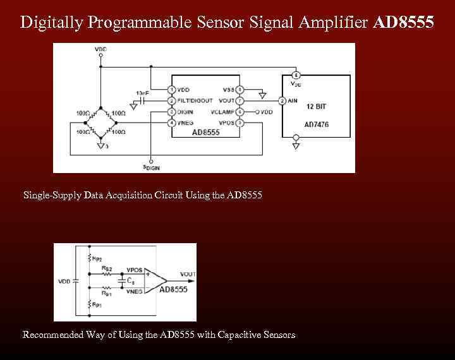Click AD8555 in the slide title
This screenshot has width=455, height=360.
pos(404,23)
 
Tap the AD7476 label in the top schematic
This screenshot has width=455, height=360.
pos(317,124)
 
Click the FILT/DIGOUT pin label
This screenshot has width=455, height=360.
pos(195,100)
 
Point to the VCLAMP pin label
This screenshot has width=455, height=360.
pos(222,112)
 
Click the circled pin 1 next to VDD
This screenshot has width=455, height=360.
pos(172,90)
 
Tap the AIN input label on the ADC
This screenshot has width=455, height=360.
pos(293,100)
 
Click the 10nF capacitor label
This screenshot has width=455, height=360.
pos(142,93)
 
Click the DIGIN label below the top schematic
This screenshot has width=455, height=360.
pos(152,167)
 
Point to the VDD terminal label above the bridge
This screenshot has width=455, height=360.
pos(100,49)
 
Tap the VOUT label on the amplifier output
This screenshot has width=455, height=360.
pos(188,274)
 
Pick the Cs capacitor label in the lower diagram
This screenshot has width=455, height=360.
pos(130,280)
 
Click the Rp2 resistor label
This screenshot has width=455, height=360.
pos(97,258)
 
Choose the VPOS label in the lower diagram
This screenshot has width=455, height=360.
pos(135,270)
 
